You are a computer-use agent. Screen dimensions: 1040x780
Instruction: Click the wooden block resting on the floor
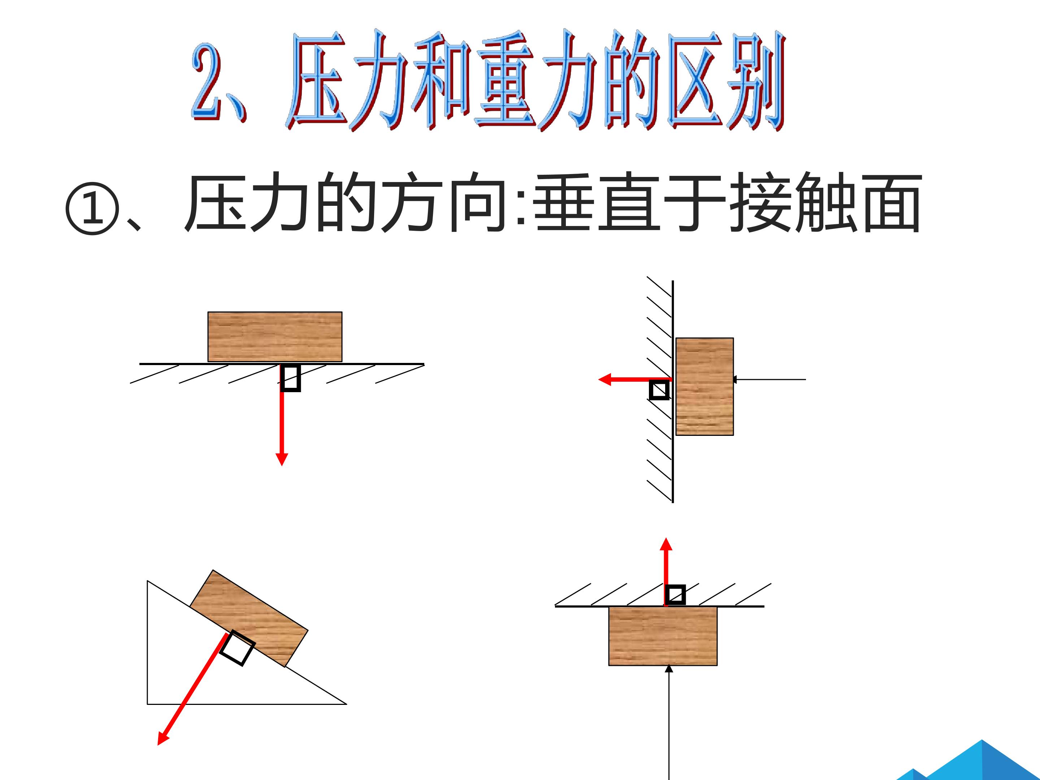pos(275,337)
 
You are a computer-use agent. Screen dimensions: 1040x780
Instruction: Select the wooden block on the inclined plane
pos(249,618)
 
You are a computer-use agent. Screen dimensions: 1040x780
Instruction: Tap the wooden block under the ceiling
pos(663,636)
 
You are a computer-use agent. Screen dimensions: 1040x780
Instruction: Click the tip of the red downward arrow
pos(282,465)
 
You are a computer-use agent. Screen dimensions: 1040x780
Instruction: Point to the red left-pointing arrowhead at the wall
pos(604,380)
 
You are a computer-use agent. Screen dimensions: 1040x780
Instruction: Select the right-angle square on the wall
pos(659,390)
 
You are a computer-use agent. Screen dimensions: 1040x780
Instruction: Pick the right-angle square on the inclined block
pos(238,648)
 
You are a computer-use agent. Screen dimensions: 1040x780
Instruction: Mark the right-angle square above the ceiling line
pos(676,595)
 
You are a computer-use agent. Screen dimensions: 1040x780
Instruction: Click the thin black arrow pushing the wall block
pos(769,380)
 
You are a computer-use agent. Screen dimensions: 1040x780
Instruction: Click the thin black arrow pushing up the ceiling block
pos(668,722)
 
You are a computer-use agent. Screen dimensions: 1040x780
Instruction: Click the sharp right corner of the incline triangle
pos(347,704)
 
